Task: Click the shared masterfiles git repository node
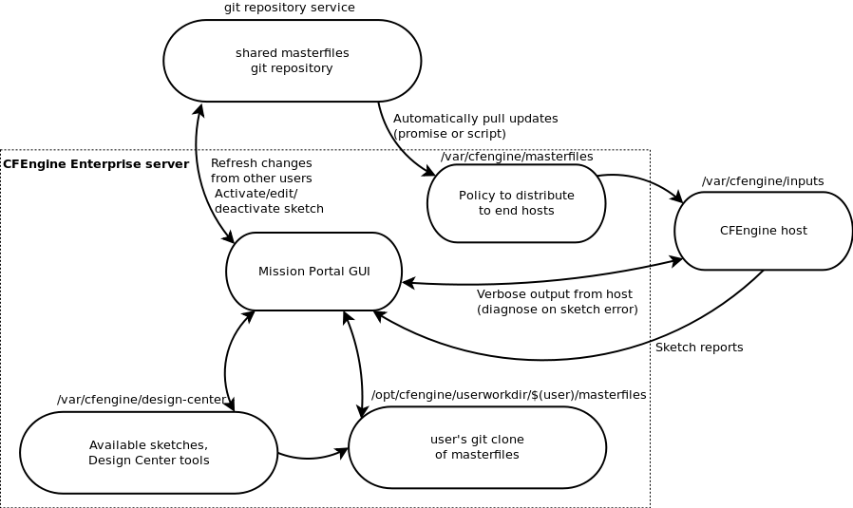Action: pos(292,61)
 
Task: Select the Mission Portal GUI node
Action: pos(313,272)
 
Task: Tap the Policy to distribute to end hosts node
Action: pos(516,203)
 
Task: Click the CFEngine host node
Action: pos(763,231)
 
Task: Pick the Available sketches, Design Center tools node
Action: pos(148,453)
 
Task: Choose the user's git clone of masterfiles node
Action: pos(477,447)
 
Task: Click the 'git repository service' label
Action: pos(289,8)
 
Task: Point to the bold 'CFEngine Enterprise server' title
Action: pos(96,164)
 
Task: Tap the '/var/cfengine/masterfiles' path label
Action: pos(517,157)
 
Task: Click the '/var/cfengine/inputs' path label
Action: pos(763,181)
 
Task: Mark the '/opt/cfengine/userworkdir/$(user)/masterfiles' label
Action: pos(508,395)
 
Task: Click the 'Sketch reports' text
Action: pos(699,348)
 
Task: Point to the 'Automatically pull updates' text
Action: pos(475,119)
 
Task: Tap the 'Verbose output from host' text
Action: pos(554,294)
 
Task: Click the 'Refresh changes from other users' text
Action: pos(261,171)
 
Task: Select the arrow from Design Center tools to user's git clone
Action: pos(312,457)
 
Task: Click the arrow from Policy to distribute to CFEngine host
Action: pos(643,180)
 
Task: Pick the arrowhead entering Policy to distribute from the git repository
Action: pos(430,172)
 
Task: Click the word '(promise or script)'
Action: pos(449,134)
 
